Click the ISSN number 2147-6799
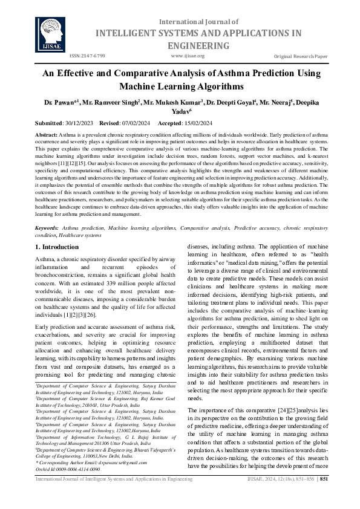[88, 56]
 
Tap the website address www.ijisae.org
[188, 56]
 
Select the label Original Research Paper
[301, 56]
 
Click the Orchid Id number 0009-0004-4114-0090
[77, 468]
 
